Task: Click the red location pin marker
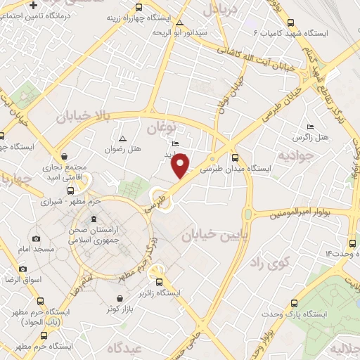point(181,165)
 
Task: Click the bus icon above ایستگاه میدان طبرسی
point(235,157)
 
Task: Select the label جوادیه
point(292,154)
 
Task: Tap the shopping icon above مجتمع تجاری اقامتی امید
point(65,157)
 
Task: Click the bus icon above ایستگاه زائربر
point(159,281)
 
